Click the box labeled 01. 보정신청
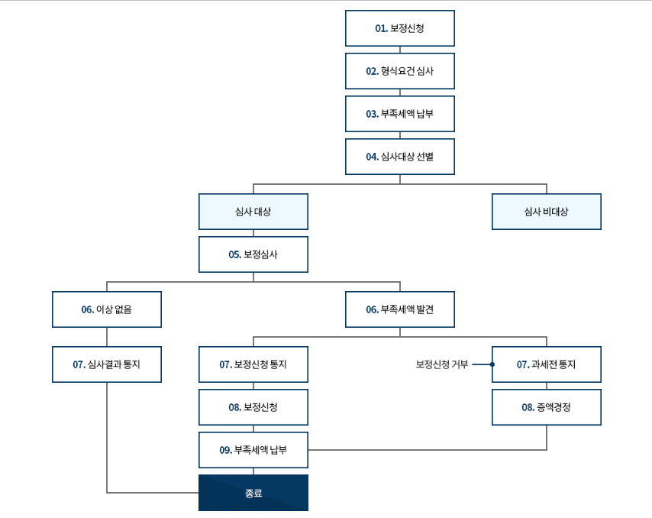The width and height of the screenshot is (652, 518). pyautogui.click(x=399, y=28)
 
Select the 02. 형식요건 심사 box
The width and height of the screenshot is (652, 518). pyautogui.click(x=399, y=71)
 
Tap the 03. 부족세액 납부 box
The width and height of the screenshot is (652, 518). pyautogui.click(x=399, y=114)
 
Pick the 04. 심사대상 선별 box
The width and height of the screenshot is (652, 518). pyautogui.click(x=399, y=157)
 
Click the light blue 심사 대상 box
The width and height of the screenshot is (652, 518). pyautogui.click(x=253, y=212)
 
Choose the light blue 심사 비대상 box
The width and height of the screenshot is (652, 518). pyautogui.click(x=547, y=212)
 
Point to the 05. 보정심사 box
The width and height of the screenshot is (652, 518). pyautogui.click(x=253, y=254)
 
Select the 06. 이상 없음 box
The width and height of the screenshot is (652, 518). pyautogui.click(x=107, y=309)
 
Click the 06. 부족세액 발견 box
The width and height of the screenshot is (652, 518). pyautogui.click(x=399, y=309)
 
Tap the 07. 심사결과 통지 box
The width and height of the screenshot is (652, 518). pyautogui.click(x=107, y=364)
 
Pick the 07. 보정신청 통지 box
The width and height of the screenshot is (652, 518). pyautogui.click(x=253, y=364)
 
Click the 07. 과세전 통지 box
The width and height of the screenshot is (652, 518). pyautogui.click(x=547, y=364)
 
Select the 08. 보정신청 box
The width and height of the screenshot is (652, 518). pyautogui.click(x=253, y=407)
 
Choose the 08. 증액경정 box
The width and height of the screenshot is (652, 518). pyautogui.click(x=547, y=407)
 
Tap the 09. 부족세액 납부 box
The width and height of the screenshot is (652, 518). pyautogui.click(x=253, y=450)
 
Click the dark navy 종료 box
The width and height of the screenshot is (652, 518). pyautogui.click(x=253, y=493)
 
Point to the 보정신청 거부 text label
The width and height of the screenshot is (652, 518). pyautogui.click(x=442, y=364)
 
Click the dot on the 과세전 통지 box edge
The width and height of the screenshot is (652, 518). pyautogui.click(x=492, y=364)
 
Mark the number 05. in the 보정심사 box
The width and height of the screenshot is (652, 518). pyautogui.click(x=235, y=254)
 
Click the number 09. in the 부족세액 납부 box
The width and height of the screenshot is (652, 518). pyautogui.click(x=226, y=450)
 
